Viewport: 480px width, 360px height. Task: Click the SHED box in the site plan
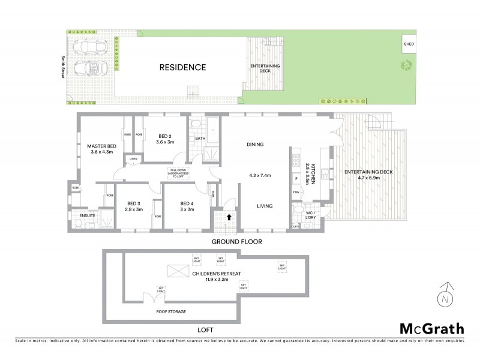tap(409, 44)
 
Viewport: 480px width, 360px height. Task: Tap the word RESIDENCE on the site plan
tap(182, 67)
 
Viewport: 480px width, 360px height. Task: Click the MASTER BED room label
tap(101, 146)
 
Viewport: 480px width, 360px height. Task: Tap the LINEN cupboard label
tap(133, 158)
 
